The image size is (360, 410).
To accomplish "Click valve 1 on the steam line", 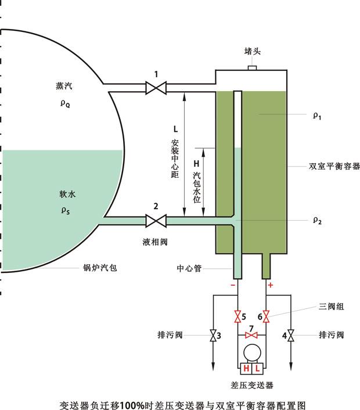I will point(156,88).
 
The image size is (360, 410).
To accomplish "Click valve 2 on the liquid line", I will point(156,221).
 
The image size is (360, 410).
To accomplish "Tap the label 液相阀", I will point(154,241).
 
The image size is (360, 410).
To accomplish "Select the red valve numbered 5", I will point(237,317).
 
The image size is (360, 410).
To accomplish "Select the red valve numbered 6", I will point(267,317).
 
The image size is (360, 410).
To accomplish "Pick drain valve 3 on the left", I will point(213,336).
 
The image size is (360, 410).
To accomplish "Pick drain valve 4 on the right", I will point(291,336).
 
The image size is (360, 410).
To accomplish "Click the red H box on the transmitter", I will point(246,369).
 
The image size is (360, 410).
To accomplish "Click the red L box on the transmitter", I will point(258,369).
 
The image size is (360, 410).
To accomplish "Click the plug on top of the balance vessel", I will point(252,68).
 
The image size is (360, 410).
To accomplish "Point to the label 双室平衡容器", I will point(334,166).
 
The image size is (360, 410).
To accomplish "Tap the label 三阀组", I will point(332,306).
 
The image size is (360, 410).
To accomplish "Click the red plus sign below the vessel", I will point(270,285).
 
